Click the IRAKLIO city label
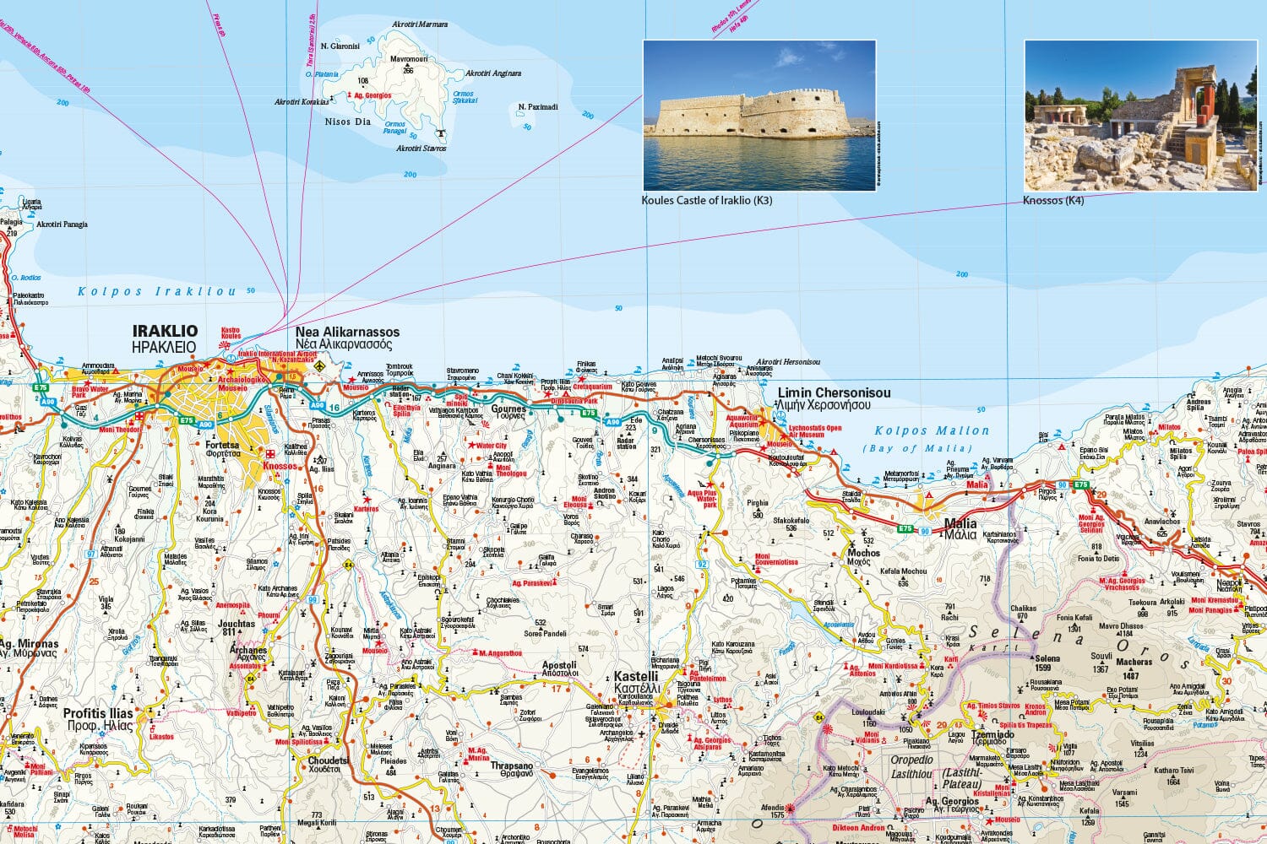pos(165,332)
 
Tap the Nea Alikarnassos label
pos(347,332)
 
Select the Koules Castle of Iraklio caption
pos(707,200)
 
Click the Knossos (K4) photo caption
pos(1052,201)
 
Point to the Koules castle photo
pos(759,115)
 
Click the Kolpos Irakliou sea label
pos(157,291)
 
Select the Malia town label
pos(960,523)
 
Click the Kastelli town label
pos(636,677)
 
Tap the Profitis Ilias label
pos(98,713)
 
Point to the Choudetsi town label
pos(323,760)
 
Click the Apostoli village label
pos(559,665)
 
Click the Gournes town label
pos(509,409)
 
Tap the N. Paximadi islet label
pos(538,107)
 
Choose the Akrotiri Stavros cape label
pos(421,149)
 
